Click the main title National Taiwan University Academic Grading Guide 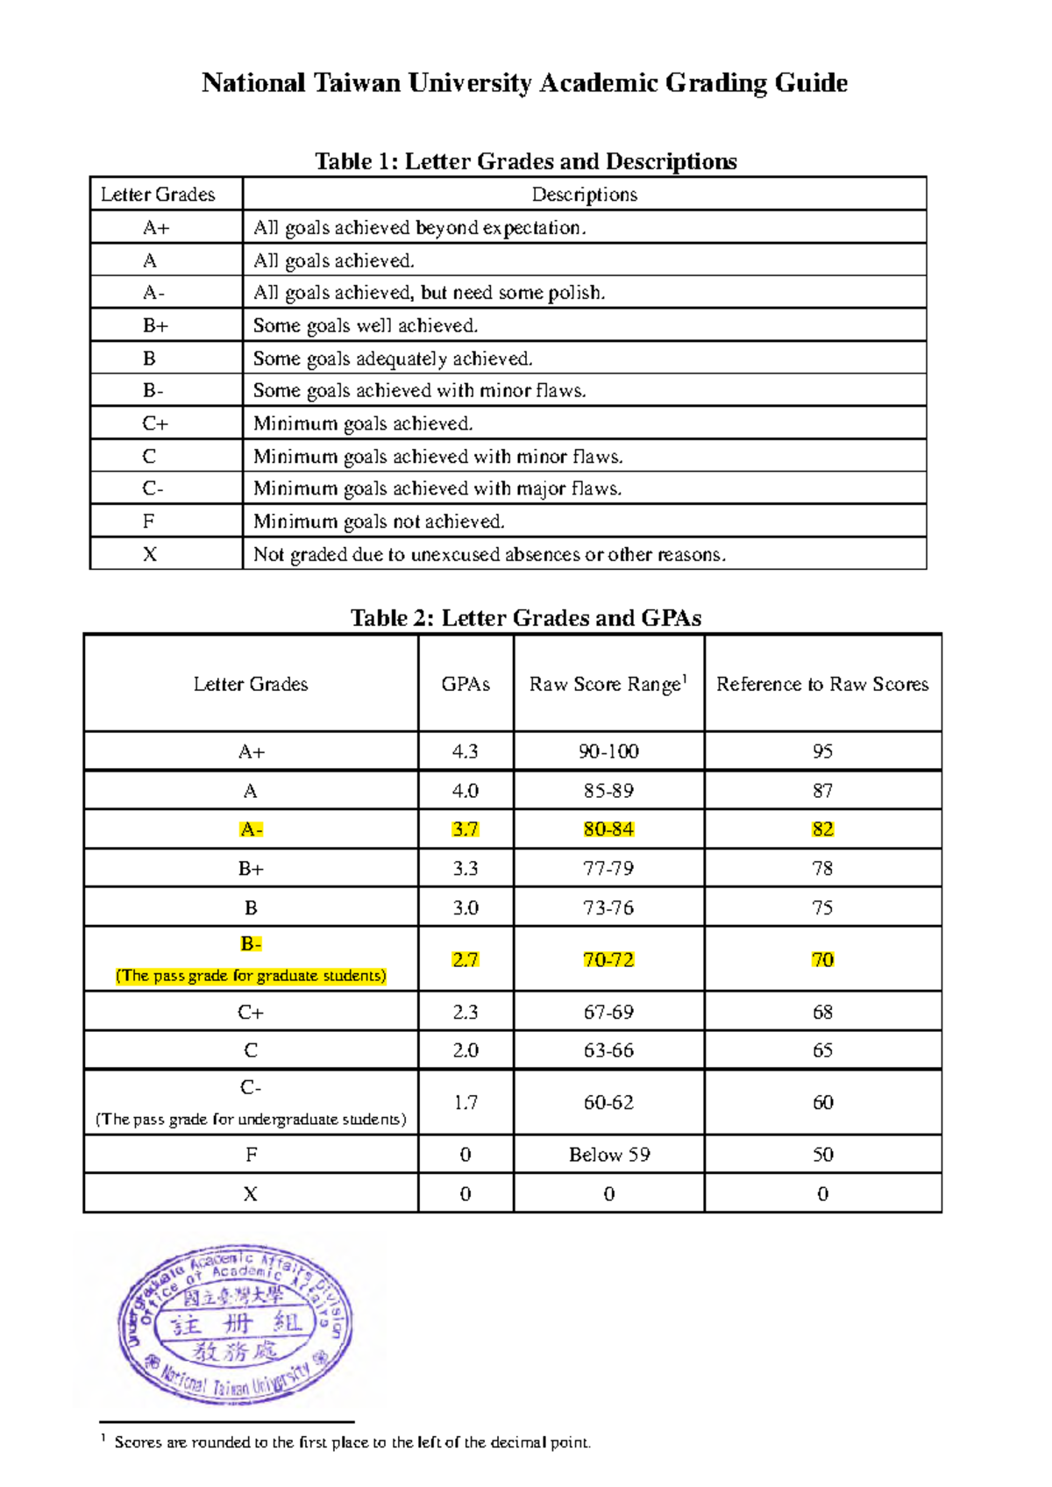(524, 83)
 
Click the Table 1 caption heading (525, 161)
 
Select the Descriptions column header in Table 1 (584, 195)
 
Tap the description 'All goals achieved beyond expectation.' (419, 228)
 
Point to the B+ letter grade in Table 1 (155, 325)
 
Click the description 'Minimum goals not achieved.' (379, 522)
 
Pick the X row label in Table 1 (150, 554)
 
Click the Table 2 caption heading (525, 618)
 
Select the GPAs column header (466, 684)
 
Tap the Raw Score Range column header (608, 684)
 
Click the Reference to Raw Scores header (821, 684)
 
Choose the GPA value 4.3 (466, 751)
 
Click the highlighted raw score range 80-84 (608, 829)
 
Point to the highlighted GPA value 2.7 (466, 960)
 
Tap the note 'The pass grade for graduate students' (251, 976)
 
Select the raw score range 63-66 (608, 1050)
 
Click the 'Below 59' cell (609, 1155)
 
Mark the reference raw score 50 (822, 1155)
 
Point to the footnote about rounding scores (351, 1442)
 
